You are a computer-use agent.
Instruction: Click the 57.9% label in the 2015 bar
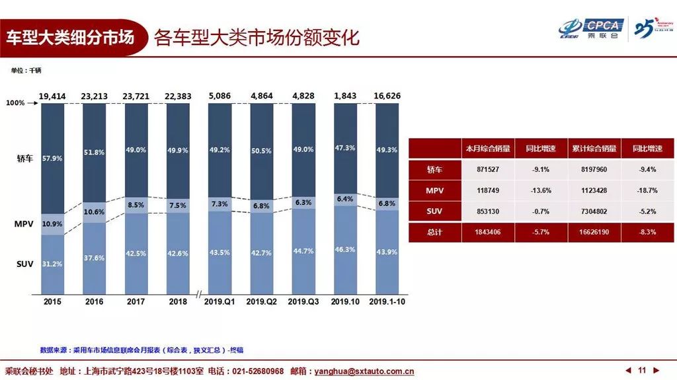tap(52, 159)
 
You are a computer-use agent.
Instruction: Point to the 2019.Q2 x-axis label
tap(262, 301)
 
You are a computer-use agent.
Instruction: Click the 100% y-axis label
tap(15, 104)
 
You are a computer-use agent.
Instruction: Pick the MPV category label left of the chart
tap(23, 224)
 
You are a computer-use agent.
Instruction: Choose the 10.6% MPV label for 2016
tap(95, 212)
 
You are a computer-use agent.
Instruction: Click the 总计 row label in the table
tap(434, 232)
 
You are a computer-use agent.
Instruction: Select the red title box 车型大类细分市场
tap(70, 37)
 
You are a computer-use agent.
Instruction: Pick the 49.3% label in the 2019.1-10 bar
tap(387, 150)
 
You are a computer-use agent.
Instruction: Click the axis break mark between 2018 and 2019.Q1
tap(198, 293)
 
